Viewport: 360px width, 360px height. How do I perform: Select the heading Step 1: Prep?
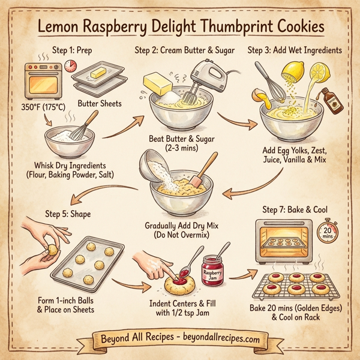click(x=75, y=50)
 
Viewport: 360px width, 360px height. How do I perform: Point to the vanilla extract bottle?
click(x=329, y=99)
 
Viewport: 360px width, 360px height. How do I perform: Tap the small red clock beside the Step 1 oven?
click(x=73, y=66)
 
